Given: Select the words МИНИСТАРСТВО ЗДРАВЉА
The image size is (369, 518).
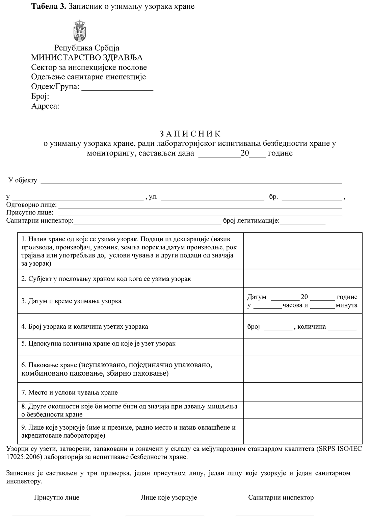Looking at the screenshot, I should coord(87,58).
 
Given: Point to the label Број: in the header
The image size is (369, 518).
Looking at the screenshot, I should coord(40,97).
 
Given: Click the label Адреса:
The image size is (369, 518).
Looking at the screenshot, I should coord(45,106).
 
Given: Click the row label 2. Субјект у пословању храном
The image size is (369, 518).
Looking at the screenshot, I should coord(106,279).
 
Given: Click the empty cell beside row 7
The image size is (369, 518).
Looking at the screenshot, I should coord(302,392).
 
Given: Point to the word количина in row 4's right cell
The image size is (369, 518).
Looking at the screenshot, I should coord(312,327).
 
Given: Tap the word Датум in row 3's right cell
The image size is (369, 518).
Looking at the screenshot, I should coord(257,297).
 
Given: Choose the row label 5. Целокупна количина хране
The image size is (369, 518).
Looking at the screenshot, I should coord(98,344).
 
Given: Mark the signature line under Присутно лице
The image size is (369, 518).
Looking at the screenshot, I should coord(51,515).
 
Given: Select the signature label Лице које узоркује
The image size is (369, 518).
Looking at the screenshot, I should coord(169,497).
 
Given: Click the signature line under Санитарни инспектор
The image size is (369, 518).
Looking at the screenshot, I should coord(274,515).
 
